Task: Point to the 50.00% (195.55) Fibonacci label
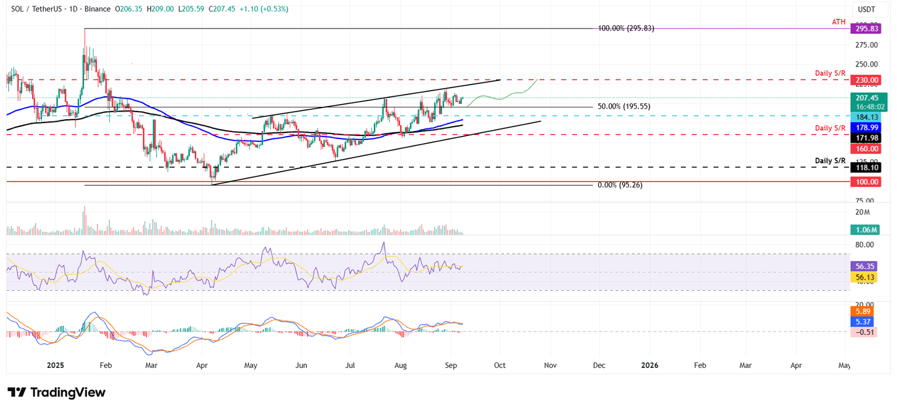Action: [624, 107]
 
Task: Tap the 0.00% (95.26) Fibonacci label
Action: [620, 185]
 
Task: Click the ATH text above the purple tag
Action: [839, 22]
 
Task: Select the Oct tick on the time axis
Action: [499, 365]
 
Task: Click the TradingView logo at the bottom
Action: [57, 392]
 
